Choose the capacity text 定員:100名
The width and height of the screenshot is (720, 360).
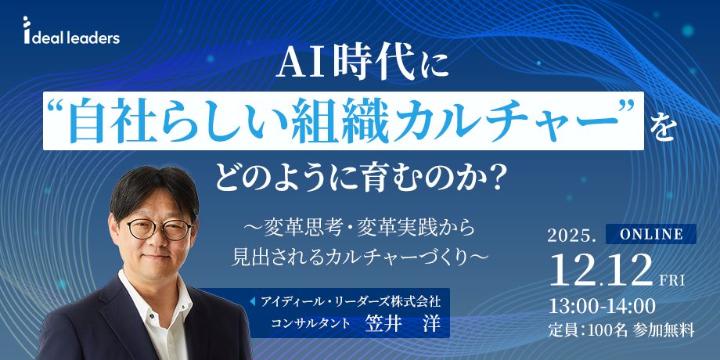pos(588,329)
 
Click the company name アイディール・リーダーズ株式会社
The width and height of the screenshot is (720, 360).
pos(355,300)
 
